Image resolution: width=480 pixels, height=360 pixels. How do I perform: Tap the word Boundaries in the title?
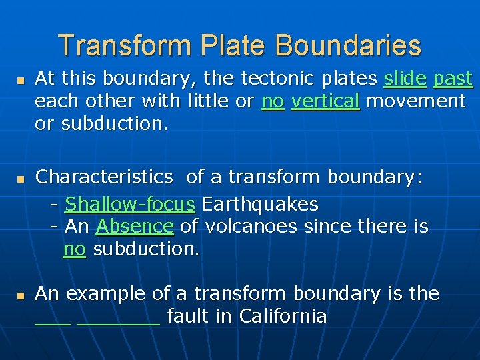point(348,45)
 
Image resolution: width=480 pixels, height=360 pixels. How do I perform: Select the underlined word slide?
point(405,79)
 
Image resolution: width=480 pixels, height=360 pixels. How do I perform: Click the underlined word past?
point(453,79)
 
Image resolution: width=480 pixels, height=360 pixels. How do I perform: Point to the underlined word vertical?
point(325,101)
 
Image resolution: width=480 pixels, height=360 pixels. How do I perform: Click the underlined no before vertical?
point(273,101)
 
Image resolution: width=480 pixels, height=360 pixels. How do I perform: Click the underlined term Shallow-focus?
point(130,203)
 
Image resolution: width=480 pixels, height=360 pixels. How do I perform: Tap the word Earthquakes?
point(260,203)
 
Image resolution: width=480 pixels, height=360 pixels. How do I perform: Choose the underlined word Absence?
point(135,227)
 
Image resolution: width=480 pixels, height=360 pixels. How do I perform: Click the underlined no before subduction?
point(74,249)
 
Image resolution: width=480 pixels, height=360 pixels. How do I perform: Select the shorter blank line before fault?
point(52,323)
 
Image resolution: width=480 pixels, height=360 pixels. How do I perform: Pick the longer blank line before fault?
point(119,323)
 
